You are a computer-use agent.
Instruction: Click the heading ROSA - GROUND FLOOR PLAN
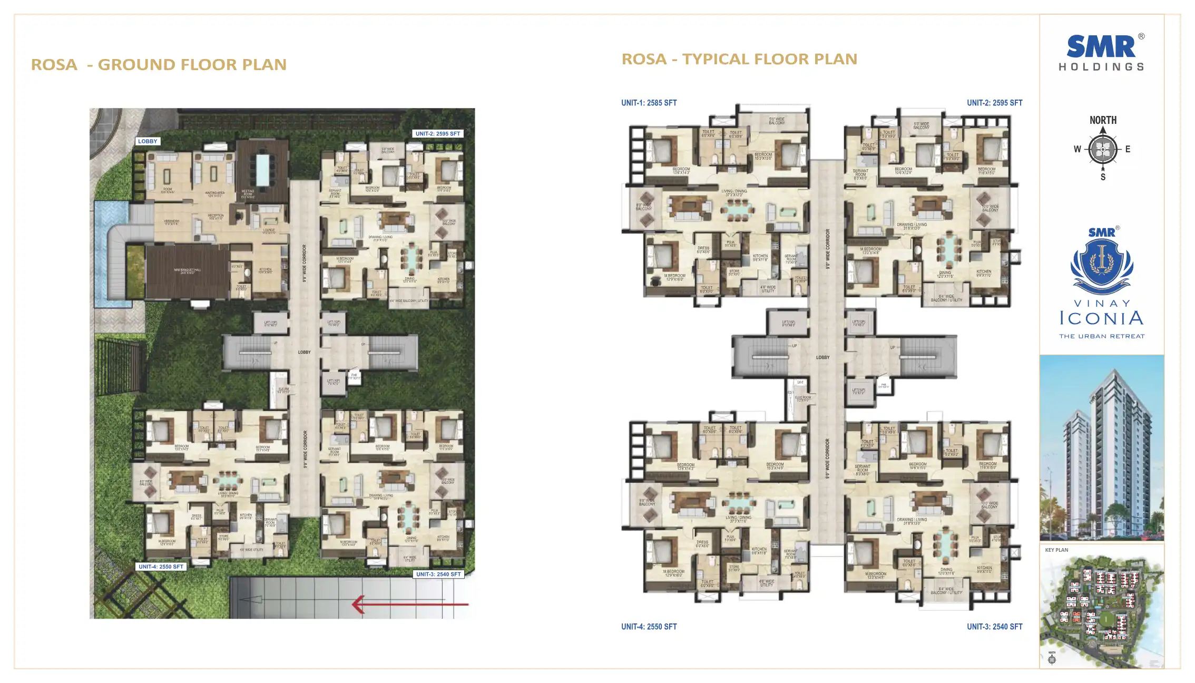pyautogui.click(x=159, y=65)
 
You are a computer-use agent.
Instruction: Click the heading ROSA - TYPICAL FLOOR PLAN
pyautogui.click(x=739, y=59)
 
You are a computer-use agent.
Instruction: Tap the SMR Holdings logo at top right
pyautogui.click(x=1101, y=52)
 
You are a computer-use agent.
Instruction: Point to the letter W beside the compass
pyautogui.click(x=1077, y=149)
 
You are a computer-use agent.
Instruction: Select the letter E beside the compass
pyautogui.click(x=1128, y=149)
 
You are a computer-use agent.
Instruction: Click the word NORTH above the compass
pyautogui.click(x=1103, y=120)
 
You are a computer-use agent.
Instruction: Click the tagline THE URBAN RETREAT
pyautogui.click(x=1102, y=336)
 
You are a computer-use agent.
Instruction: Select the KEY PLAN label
pyautogui.click(x=1056, y=550)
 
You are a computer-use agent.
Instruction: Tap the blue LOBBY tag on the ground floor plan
pyautogui.click(x=148, y=141)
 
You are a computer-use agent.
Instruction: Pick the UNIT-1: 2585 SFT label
pyautogui.click(x=649, y=103)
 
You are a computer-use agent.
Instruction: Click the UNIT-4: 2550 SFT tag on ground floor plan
pyautogui.click(x=161, y=567)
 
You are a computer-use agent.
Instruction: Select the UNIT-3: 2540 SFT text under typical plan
pyautogui.click(x=994, y=627)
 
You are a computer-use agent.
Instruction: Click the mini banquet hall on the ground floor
pyautogui.click(x=187, y=271)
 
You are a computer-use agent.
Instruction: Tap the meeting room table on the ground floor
pyautogui.click(x=262, y=169)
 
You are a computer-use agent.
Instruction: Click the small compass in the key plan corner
pyautogui.click(x=1052, y=659)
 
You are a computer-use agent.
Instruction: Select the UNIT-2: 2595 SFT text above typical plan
pyautogui.click(x=994, y=103)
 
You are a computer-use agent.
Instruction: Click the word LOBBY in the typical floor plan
pyautogui.click(x=822, y=357)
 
